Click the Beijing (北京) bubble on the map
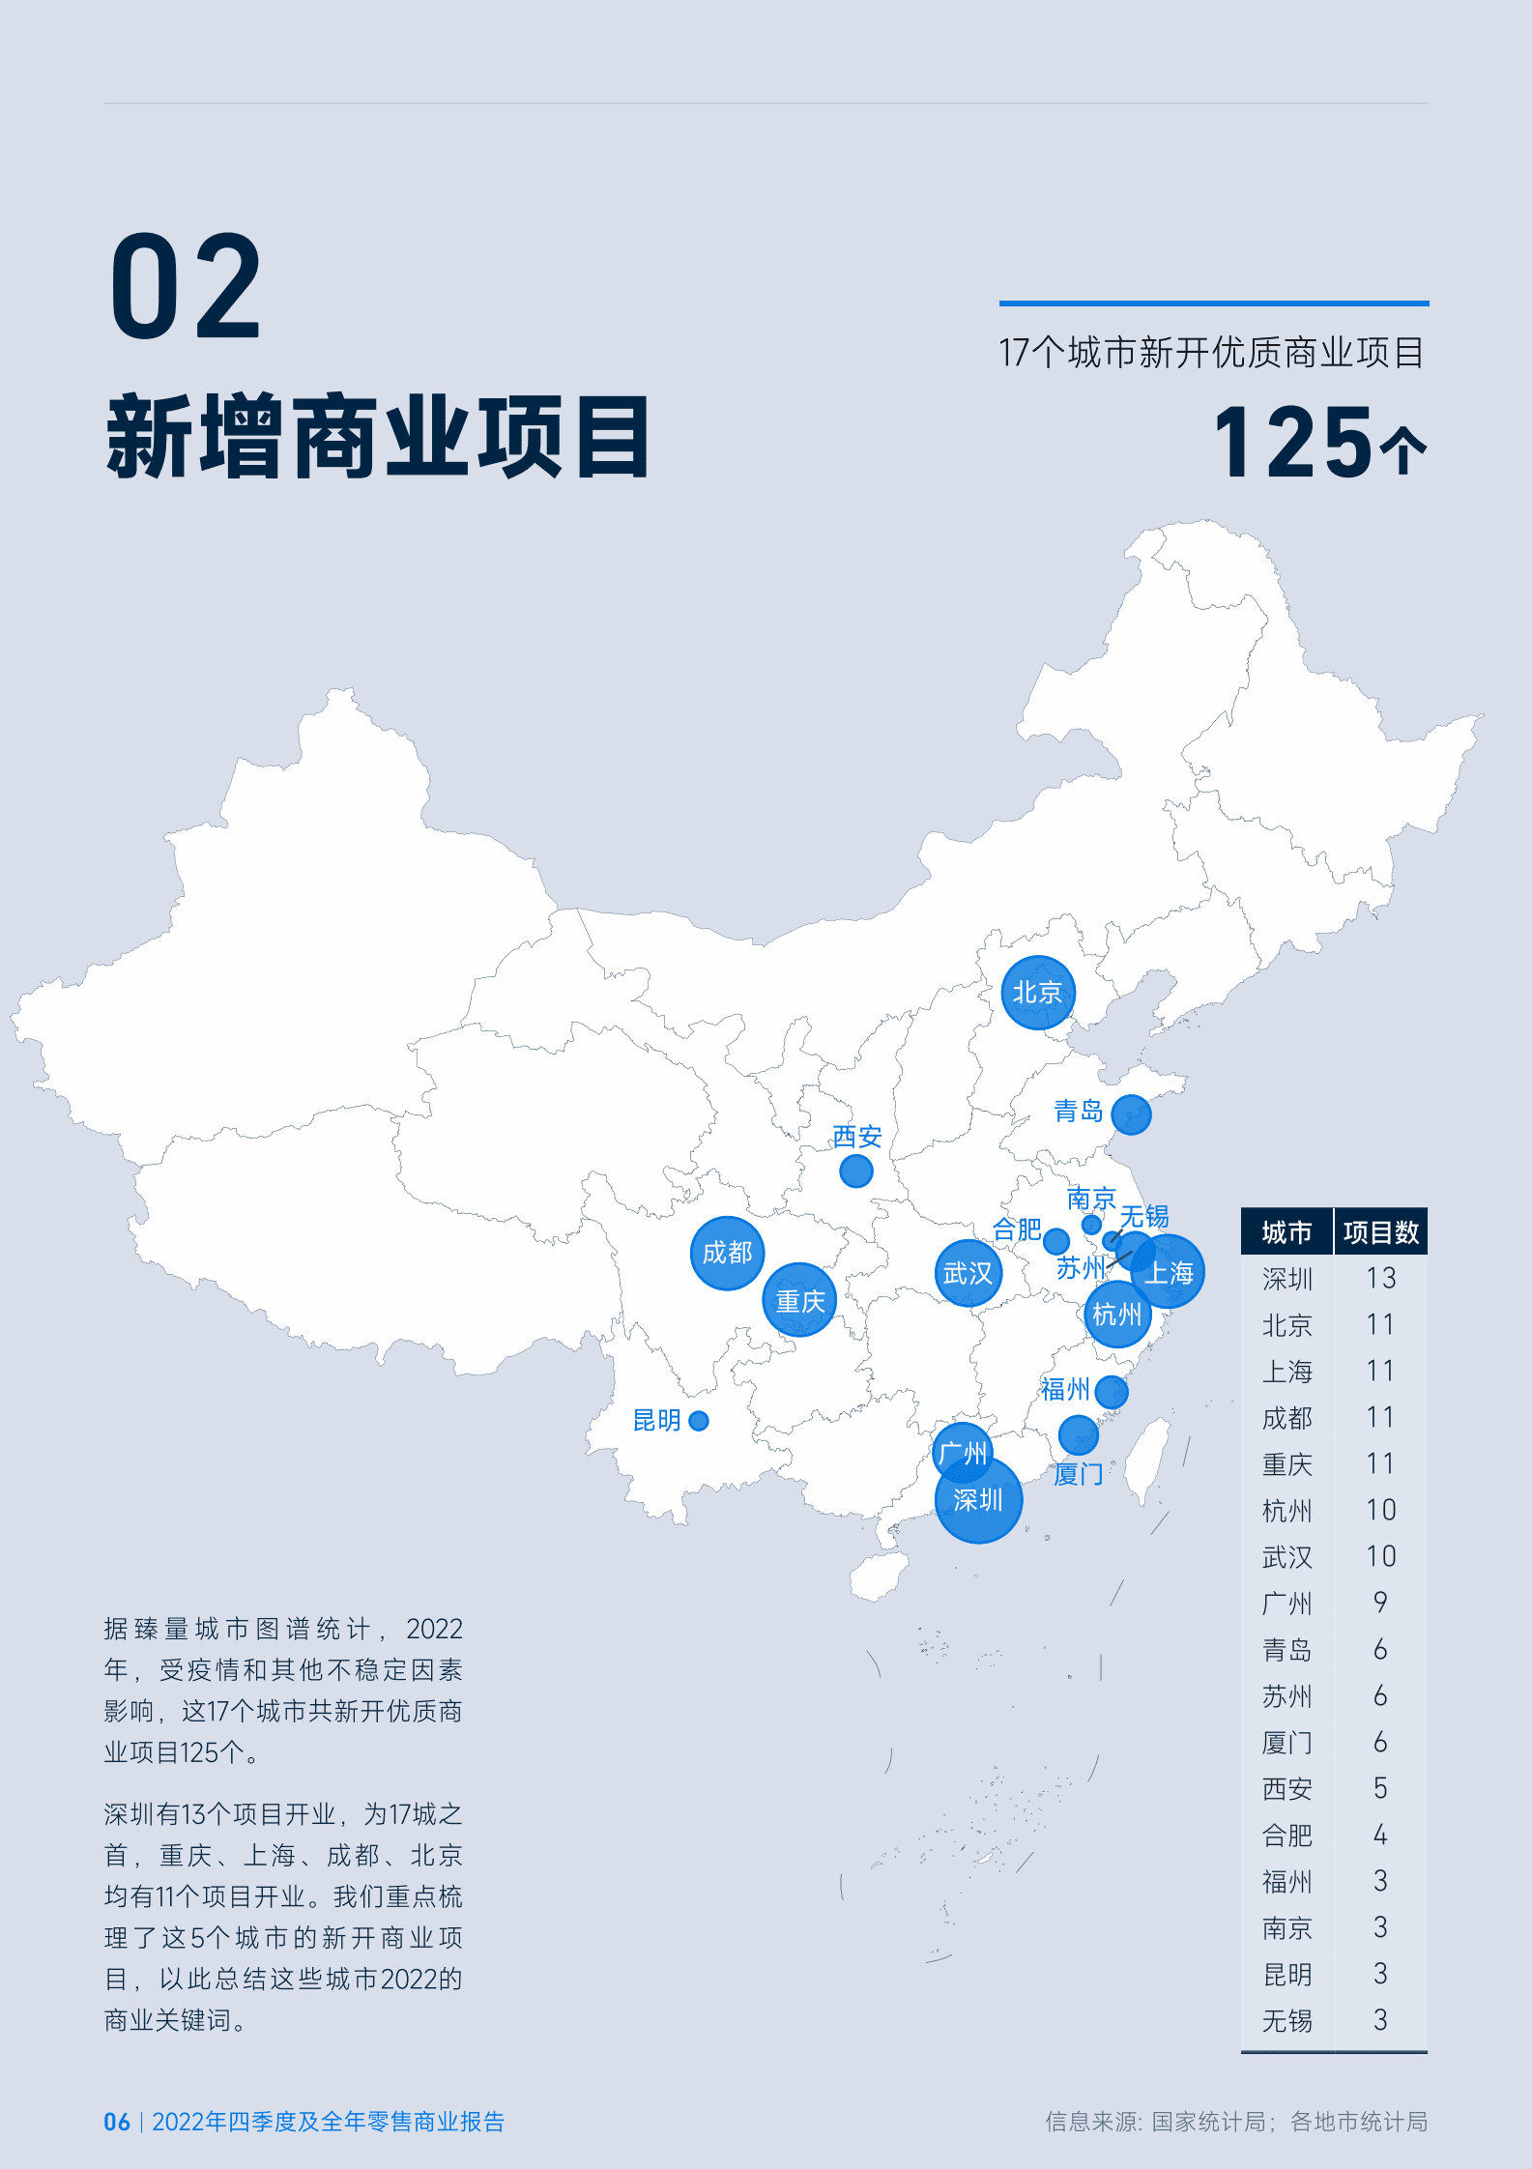(x=1037, y=993)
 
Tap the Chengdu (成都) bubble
(x=727, y=1253)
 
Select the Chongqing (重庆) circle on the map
(x=799, y=1300)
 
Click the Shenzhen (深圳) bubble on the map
(x=978, y=1500)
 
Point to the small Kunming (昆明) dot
(x=699, y=1421)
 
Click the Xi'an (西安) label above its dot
(x=857, y=1137)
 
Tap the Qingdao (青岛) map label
(x=1078, y=1112)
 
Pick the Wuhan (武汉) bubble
(x=968, y=1273)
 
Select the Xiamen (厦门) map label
(x=1078, y=1474)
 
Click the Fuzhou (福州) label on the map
(x=1064, y=1390)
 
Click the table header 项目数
(x=1380, y=1232)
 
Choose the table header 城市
(x=1286, y=1232)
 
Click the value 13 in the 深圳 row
(x=1380, y=1279)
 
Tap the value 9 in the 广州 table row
(x=1380, y=1604)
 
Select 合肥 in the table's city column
(x=1286, y=1836)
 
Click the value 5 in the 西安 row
(x=1380, y=1789)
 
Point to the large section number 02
(x=186, y=287)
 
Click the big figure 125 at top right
(x=1293, y=444)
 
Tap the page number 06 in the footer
(x=117, y=2122)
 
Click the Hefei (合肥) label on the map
(x=1016, y=1229)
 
